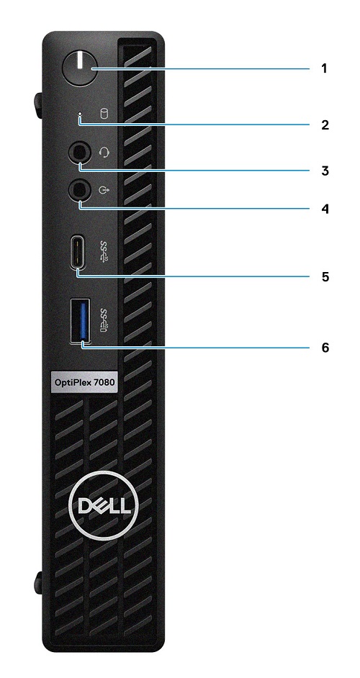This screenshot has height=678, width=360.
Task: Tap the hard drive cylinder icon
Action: (x=104, y=114)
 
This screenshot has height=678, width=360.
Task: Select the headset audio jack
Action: (x=80, y=153)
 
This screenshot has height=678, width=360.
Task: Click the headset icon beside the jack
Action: (x=104, y=152)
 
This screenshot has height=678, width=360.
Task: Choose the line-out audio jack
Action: (x=80, y=189)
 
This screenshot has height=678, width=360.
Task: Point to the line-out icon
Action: (x=103, y=189)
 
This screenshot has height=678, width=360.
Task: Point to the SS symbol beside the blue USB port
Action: (x=104, y=320)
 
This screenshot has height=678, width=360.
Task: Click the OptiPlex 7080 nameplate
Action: (x=84, y=382)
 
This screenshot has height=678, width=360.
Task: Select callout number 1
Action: (x=324, y=68)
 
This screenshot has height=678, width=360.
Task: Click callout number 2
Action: (x=325, y=125)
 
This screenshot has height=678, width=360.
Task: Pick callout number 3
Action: (x=325, y=171)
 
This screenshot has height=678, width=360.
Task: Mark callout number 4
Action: (x=325, y=209)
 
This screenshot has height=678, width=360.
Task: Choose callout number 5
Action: (x=325, y=276)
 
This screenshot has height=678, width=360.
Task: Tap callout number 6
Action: (x=325, y=347)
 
